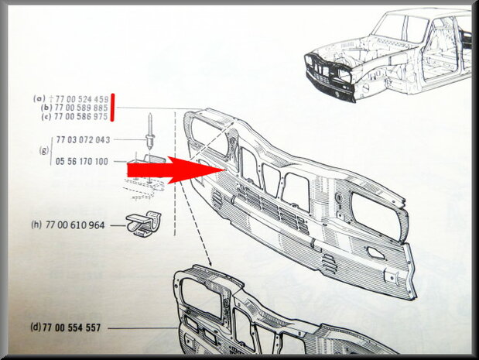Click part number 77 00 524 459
(x=82, y=99)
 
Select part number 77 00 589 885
(x=81, y=108)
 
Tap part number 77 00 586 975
(x=80, y=117)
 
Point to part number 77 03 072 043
(x=83, y=139)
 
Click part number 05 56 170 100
(x=82, y=161)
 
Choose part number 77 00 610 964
(x=75, y=225)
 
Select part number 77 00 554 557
(x=72, y=328)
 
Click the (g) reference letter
(x=44, y=151)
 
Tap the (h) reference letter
(x=36, y=225)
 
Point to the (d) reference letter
(x=36, y=327)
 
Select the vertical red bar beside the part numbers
(x=112, y=108)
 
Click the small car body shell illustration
(x=388, y=55)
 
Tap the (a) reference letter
(x=39, y=99)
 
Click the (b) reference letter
(x=46, y=108)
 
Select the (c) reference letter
(x=46, y=117)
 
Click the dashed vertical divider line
(x=175, y=173)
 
